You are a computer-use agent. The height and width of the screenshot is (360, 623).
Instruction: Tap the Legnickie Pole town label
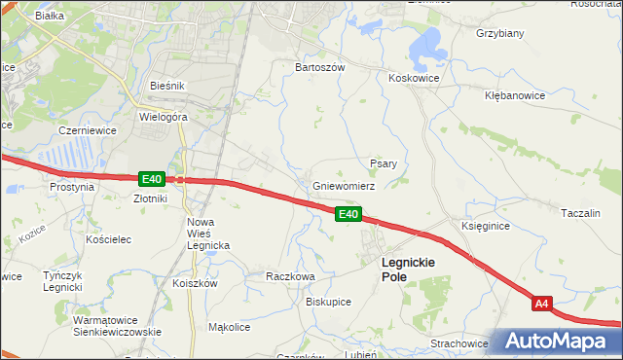click(x=408, y=270)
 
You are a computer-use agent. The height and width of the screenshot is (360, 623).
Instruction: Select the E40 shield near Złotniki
click(x=151, y=179)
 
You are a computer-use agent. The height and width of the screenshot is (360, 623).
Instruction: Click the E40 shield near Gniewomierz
click(x=349, y=214)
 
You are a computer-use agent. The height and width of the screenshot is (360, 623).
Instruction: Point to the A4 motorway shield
click(x=543, y=305)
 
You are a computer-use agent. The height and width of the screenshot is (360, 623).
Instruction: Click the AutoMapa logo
click(x=561, y=342)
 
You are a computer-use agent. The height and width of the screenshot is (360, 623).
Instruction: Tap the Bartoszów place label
click(x=320, y=68)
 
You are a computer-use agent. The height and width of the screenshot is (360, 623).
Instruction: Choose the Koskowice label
click(x=414, y=78)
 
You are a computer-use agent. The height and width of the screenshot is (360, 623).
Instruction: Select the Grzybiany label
click(x=500, y=33)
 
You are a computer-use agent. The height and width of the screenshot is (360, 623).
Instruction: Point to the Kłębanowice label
click(x=518, y=96)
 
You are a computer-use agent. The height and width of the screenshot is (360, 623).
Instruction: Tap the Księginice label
click(x=485, y=226)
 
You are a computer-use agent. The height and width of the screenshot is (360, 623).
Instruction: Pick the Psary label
click(x=383, y=163)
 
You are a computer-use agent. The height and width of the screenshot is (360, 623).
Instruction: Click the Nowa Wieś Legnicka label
click(x=207, y=234)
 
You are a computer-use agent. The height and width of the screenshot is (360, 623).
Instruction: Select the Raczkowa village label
click(x=290, y=276)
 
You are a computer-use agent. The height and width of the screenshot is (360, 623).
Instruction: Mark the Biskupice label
click(x=328, y=302)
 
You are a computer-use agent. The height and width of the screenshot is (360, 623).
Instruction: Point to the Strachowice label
click(x=458, y=343)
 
